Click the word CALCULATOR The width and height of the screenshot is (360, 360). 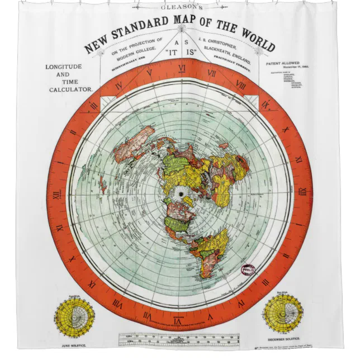pos(70,89)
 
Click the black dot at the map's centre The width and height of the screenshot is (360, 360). pos(180,194)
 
